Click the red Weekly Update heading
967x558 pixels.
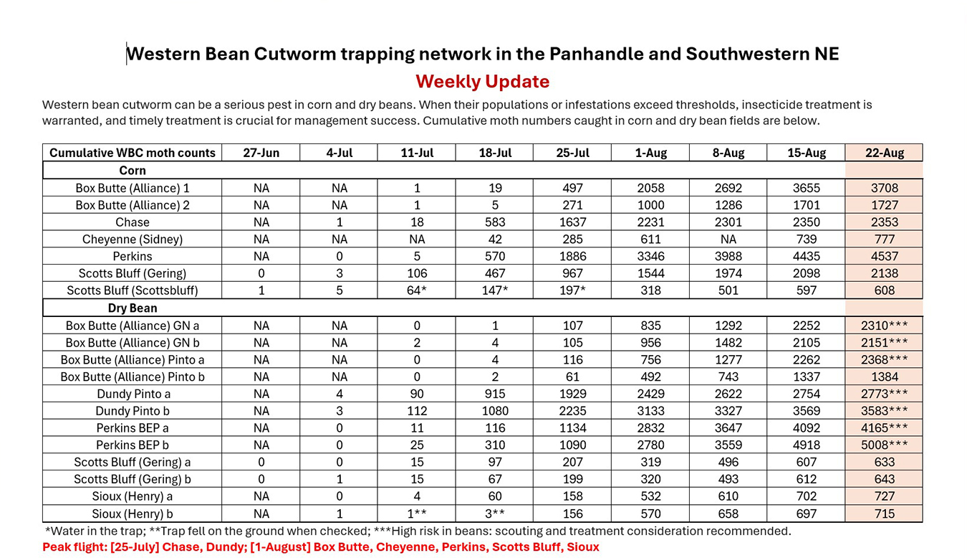(x=482, y=81)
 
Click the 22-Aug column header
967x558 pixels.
(x=884, y=153)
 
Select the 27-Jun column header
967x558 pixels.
(x=261, y=153)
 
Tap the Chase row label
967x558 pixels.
(x=133, y=222)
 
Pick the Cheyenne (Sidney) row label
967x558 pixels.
(x=133, y=240)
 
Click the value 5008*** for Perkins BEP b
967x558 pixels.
(x=884, y=445)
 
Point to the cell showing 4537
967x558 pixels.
(x=884, y=256)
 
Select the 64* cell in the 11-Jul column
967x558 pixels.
(x=417, y=290)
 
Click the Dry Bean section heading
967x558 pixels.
(x=133, y=308)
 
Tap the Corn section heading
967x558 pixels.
(x=133, y=171)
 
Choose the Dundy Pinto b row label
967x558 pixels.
(x=133, y=411)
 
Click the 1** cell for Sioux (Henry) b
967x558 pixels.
(x=417, y=514)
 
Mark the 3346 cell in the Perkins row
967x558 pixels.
(x=650, y=256)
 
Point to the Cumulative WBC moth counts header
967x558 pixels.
(x=133, y=153)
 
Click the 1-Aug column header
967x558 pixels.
(x=650, y=153)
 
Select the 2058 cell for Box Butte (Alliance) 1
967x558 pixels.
(x=650, y=188)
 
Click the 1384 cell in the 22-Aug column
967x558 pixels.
(x=884, y=377)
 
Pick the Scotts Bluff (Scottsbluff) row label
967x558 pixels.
(x=133, y=290)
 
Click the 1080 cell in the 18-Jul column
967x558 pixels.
(x=495, y=411)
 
